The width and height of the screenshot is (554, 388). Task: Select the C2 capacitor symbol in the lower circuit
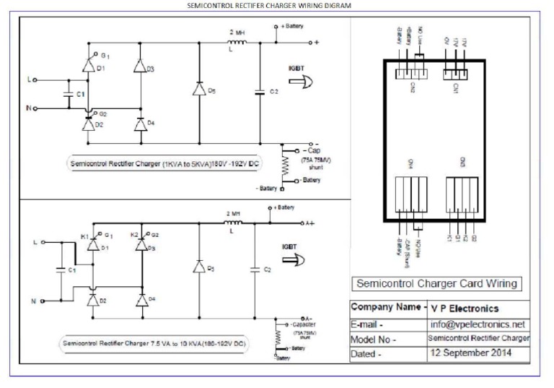click(x=253, y=269)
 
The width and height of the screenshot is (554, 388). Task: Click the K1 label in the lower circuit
click(x=84, y=236)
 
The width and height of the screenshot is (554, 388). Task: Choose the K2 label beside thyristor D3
click(x=133, y=236)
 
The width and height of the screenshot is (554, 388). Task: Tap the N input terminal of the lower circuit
click(x=33, y=300)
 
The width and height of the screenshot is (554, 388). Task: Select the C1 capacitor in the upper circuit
click(x=70, y=93)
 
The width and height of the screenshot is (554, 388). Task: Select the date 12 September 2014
click(x=470, y=354)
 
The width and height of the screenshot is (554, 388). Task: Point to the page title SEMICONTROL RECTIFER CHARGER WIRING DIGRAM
click(x=277, y=4)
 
